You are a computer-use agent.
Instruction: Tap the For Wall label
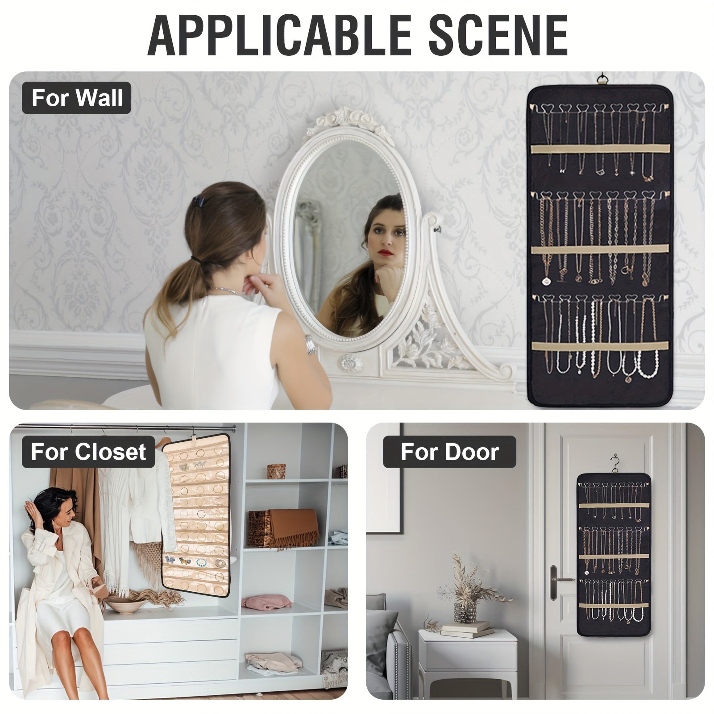click(x=77, y=98)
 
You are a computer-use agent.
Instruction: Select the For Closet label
click(x=88, y=452)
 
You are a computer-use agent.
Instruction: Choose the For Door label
click(x=449, y=452)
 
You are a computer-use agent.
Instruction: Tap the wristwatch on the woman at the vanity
click(x=310, y=345)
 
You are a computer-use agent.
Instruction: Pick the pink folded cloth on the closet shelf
click(x=267, y=601)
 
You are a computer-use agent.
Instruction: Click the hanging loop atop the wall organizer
click(x=604, y=79)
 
